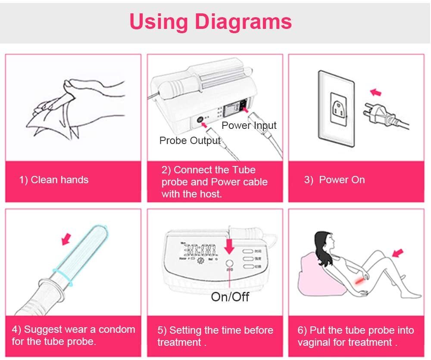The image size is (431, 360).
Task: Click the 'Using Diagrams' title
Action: [x=211, y=21]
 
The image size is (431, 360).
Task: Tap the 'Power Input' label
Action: [x=249, y=125]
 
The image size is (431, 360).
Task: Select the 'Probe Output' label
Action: [x=190, y=141]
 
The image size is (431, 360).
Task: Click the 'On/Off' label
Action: [x=230, y=297]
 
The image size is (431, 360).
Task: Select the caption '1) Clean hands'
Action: [x=54, y=180]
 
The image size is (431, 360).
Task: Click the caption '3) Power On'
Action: [x=334, y=180]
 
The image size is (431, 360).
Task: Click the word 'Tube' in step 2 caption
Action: [x=243, y=170]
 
